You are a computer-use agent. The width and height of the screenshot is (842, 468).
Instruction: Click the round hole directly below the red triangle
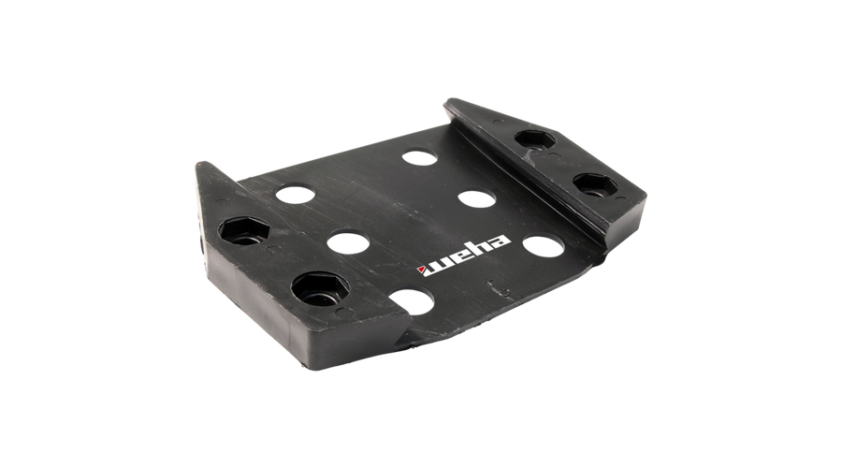tap(412, 300)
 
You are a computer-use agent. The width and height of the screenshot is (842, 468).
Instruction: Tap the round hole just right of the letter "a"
tap(544, 245)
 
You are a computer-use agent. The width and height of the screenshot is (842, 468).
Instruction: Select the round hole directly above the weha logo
tap(477, 198)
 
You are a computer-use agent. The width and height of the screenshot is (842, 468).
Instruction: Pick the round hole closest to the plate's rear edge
tap(419, 158)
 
